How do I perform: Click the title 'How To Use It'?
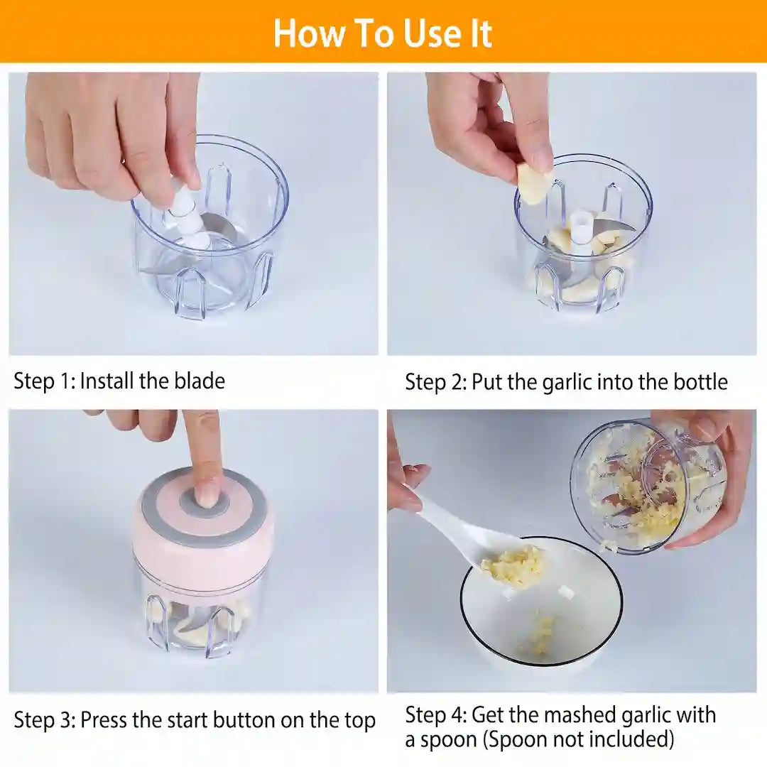[x=383, y=33]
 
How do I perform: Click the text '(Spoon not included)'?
[x=578, y=739]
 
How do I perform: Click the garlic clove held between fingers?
[x=534, y=183]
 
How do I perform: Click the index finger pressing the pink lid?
[x=204, y=455]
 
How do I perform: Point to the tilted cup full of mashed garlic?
[x=643, y=486]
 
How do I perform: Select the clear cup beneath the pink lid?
[x=202, y=618]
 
